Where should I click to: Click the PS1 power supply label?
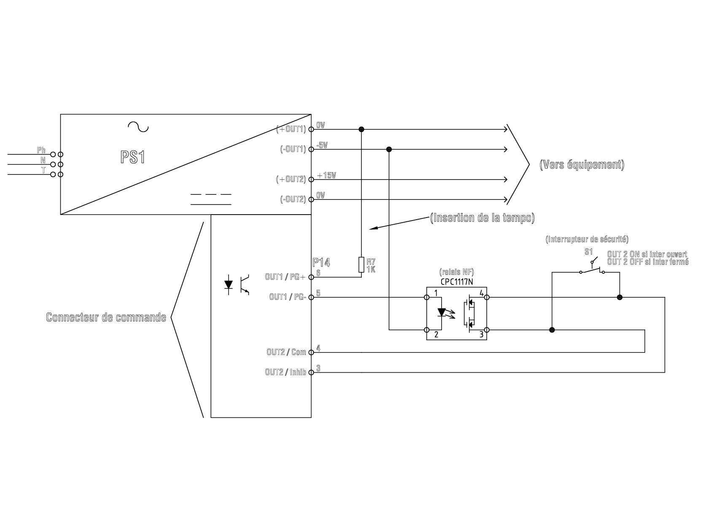click(x=132, y=157)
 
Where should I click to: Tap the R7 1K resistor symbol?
click(x=361, y=265)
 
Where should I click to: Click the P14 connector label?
click(x=321, y=262)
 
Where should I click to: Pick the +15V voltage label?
click(x=326, y=175)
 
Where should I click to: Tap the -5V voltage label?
click(x=322, y=145)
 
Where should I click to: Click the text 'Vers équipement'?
click(x=582, y=164)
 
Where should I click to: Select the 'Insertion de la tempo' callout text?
click(x=482, y=218)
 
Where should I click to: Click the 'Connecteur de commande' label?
click(x=106, y=317)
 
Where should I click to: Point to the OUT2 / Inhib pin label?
click(x=285, y=372)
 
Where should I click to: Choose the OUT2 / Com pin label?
click(x=286, y=352)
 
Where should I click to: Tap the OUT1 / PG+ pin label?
click(x=285, y=277)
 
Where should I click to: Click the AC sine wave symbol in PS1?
click(x=138, y=126)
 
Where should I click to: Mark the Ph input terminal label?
click(x=41, y=150)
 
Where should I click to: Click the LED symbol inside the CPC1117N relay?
click(x=442, y=312)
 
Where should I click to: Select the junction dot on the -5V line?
click(x=389, y=149)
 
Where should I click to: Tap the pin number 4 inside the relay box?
click(x=481, y=293)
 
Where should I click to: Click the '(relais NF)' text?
click(x=456, y=272)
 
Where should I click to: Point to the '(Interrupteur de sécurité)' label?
click(x=587, y=239)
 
